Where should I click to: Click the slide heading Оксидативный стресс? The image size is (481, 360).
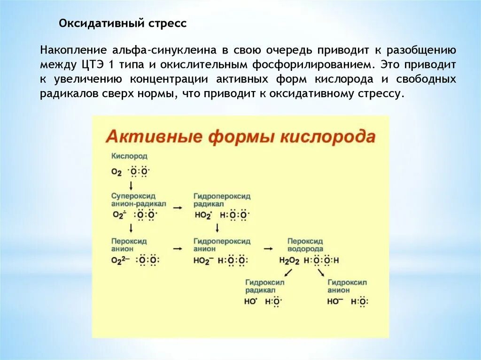122,23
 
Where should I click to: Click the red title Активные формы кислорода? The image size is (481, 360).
240,137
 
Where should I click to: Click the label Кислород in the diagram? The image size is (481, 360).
129,155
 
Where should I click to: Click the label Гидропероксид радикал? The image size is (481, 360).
222,199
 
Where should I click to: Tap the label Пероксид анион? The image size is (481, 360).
129,245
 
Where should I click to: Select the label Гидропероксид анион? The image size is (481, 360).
222,245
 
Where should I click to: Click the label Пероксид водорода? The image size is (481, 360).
305,245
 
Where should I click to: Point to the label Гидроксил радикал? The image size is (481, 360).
265,286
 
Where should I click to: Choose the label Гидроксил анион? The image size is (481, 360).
347,286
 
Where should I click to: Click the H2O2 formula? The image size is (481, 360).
289,261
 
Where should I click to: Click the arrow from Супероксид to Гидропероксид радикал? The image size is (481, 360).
178,207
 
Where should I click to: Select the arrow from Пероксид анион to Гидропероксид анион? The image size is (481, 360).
178,248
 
